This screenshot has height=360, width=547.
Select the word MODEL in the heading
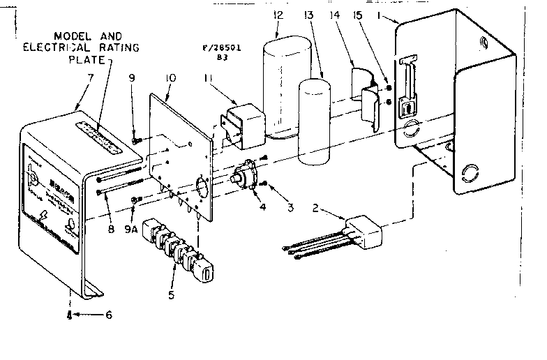tap(70, 35)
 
